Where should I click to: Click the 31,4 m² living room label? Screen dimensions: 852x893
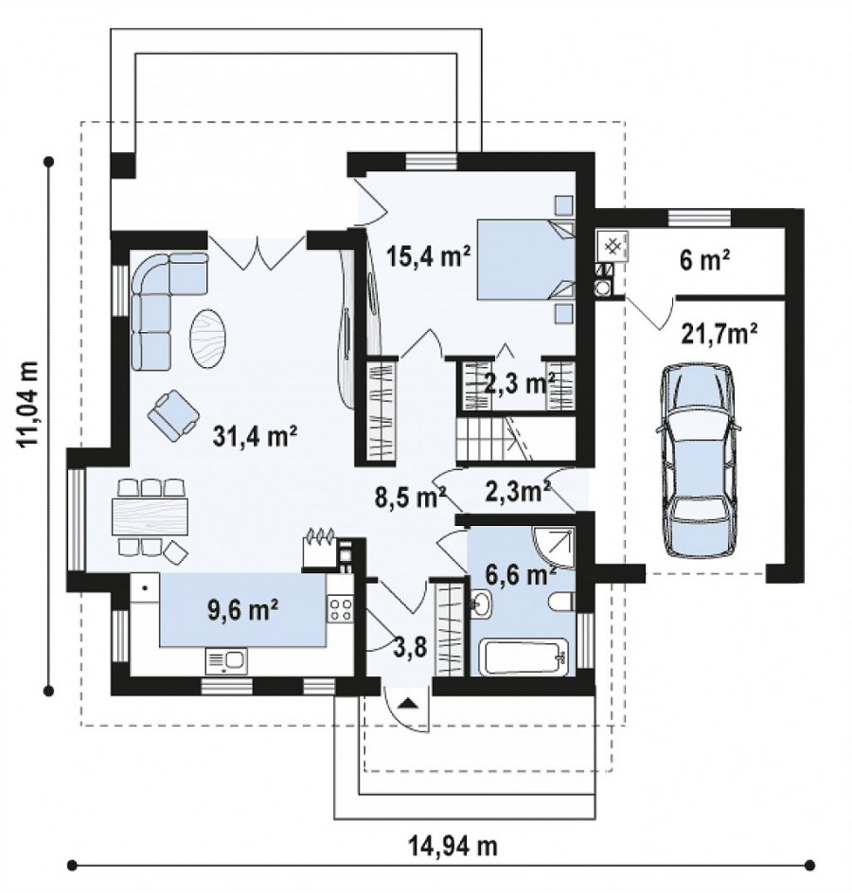(256, 437)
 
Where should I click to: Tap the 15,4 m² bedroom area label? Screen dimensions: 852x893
(428, 256)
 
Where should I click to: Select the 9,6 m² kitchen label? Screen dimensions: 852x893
(242, 610)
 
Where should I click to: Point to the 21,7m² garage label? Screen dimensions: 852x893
(719, 334)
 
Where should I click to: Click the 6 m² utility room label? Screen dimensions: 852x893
(705, 261)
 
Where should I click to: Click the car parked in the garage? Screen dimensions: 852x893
(697, 460)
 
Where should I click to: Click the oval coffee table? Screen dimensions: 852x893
(207, 338)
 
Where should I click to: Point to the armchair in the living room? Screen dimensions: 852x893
(173, 415)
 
